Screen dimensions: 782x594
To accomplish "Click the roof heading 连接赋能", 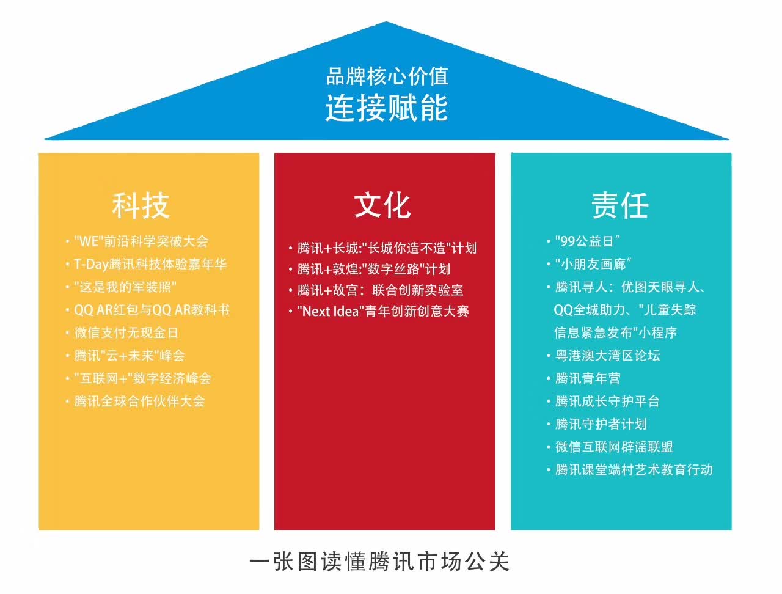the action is pos(387,108).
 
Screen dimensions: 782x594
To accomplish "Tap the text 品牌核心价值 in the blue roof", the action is pos(387,76).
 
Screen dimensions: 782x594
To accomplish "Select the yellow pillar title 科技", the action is pos(141,205).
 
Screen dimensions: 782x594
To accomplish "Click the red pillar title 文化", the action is pos(382,205).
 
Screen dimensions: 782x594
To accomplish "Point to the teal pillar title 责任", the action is pos(620,205).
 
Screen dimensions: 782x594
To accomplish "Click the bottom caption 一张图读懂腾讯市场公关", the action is pos(379,562).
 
